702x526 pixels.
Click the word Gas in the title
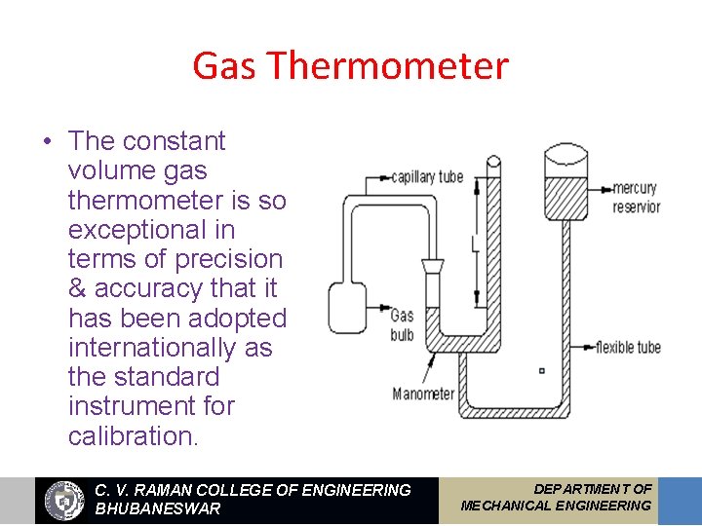pos(226,66)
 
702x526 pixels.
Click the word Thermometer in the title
pos(387,66)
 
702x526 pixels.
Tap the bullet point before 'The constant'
pos(47,142)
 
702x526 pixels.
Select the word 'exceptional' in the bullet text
pos(151,230)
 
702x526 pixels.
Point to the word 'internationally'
pos(170,348)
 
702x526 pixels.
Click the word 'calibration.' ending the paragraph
pos(133,435)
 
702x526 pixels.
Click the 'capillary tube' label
pos(427,178)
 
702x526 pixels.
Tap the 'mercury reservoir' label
pos(636,197)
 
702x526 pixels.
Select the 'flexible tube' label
pos(628,347)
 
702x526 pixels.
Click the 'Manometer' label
pos(423,394)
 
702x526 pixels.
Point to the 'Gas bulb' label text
pos(402,325)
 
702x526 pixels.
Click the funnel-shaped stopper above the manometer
pos(433,266)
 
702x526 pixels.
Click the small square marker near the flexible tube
pos(542,370)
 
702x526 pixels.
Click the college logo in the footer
pos(65,500)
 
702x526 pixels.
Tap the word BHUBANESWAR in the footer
pos(157,508)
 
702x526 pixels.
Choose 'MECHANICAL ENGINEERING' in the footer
pos(556,506)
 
